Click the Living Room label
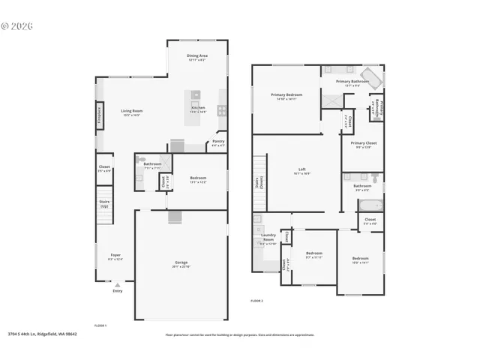tap(132, 112)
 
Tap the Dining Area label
tap(197, 57)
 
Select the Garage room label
tap(181, 263)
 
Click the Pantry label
tap(218, 142)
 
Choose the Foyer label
tap(115, 256)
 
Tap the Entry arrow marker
tap(116, 286)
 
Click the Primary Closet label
tap(363, 144)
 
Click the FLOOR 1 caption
tap(100, 325)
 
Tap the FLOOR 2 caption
tap(257, 300)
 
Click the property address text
tap(43, 334)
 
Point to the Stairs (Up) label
tap(104, 203)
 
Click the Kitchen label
tap(198, 109)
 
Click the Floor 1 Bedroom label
tap(198, 178)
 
